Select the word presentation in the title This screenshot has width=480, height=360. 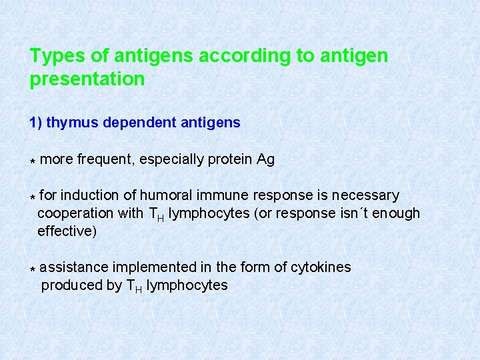point(87,79)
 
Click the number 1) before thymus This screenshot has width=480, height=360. point(36,123)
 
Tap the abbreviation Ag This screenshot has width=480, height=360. point(265,160)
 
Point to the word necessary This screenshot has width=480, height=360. point(366,196)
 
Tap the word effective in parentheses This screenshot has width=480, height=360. point(65,232)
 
